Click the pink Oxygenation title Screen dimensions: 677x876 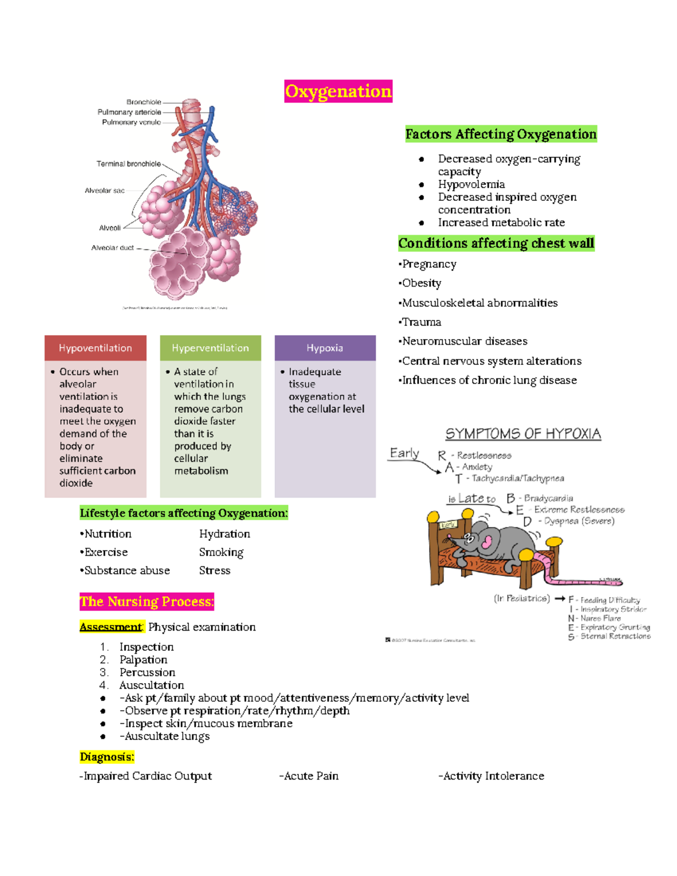[338, 91]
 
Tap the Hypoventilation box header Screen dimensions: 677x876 [95, 348]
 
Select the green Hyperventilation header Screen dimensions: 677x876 [210, 348]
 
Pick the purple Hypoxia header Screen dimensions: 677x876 [325, 348]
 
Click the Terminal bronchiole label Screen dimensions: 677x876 [129, 164]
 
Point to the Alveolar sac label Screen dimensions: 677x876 [104, 191]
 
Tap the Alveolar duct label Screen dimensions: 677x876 [112, 248]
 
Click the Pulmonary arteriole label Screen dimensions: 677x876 [129, 112]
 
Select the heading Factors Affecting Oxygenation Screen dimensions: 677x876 [500, 134]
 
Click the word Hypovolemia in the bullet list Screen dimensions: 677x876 [471, 184]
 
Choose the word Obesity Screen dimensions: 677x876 [421, 283]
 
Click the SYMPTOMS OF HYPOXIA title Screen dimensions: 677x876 [523, 434]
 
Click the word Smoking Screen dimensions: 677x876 [221, 552]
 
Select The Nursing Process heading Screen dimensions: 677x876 [147, 602]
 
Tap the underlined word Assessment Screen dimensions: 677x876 [111, 627]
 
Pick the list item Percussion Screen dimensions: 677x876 [147, 672]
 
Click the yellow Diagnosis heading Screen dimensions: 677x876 [107, 757]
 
